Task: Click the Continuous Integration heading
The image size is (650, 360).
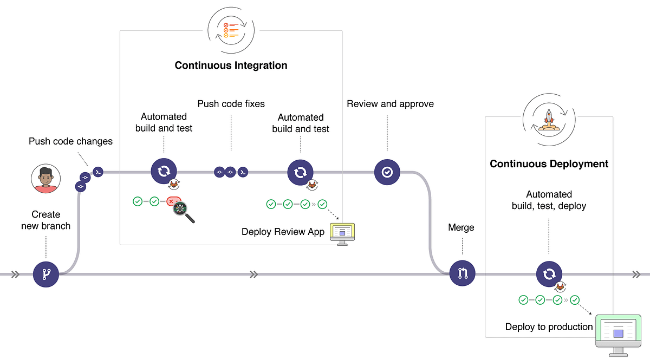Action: (x=231, y=66)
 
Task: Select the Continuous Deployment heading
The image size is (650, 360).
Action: (x=549, y=163)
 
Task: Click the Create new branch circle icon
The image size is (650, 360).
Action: (x=45, y=274)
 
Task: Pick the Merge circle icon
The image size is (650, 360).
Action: (x=462, y=274)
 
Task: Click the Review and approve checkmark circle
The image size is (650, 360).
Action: (x=387, y=172)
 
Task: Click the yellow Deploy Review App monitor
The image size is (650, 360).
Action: (x=342, y=232)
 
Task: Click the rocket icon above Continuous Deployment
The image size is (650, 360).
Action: (x=549, y=120)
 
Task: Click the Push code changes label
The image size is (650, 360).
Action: (x=70, y=141)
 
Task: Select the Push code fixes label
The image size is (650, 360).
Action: (x=231, y=103)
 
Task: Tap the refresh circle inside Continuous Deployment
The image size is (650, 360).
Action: (x=549, y=274)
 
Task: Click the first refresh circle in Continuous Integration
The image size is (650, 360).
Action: (x=164, y=172)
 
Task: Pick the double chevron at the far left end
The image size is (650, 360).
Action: (x=15, y=274)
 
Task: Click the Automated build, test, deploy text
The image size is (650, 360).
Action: (x=549, y=200)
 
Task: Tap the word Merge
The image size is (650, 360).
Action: (x=461, y=227)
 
